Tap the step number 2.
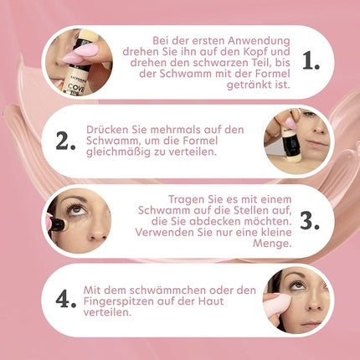click(66, 141)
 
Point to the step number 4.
click(64, 299)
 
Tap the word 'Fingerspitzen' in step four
click(121, 301)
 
